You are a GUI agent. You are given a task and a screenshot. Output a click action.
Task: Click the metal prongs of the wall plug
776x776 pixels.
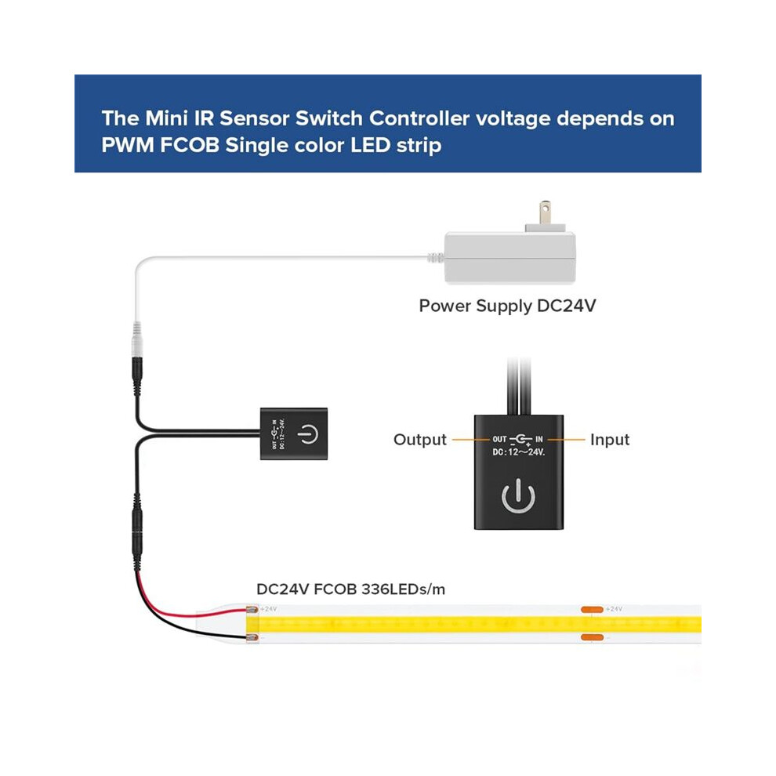click(545, 212)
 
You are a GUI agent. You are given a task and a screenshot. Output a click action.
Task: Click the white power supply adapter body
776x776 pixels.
click(510, 257)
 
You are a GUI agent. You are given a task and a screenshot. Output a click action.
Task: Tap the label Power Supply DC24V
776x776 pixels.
click(507, 306)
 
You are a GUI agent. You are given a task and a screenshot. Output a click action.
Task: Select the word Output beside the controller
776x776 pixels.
click(419, 440)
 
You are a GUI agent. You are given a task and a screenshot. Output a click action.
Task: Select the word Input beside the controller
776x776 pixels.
click(610, 440)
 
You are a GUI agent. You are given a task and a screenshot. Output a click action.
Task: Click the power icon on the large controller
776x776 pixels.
click(518, 495)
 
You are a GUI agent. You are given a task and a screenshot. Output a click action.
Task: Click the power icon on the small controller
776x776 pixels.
click(308, 434)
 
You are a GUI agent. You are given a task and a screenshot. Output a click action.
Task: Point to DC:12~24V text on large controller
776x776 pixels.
click(519, 451)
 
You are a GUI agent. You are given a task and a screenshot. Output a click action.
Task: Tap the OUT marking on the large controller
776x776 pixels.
click(499, 439)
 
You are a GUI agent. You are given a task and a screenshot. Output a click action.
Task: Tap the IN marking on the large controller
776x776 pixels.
click(539, 439)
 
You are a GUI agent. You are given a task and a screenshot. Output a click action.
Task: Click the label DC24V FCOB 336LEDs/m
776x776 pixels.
click(351, 589)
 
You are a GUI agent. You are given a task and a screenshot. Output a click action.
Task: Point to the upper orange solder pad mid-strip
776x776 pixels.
click(592, 609)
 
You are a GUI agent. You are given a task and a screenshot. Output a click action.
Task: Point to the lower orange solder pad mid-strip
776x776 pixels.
click(592, 637)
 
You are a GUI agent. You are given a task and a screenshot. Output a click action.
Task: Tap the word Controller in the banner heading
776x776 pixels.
click(419, 118)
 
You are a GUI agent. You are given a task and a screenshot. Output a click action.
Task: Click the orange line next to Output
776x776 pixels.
click(470, 440)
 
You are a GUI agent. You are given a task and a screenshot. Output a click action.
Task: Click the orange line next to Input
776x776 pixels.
click(566, 440)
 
